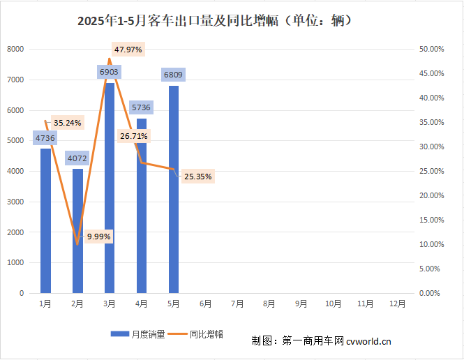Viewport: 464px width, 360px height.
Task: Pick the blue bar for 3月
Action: [x=110, y=188]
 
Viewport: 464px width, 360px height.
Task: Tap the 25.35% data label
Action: [x=198, y=177]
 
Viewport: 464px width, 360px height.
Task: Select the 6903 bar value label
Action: [x=110, y=72]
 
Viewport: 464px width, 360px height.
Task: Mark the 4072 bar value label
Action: [x=77, y=158]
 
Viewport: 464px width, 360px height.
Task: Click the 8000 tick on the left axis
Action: [x=15, y=50]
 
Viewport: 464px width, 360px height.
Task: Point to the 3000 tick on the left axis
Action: [x=15, y=202]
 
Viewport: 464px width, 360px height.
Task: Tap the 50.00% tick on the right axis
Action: [x=431, y=50]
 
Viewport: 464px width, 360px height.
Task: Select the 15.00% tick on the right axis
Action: [x=431, y=220]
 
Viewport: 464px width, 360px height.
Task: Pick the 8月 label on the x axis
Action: [x=269, y=304]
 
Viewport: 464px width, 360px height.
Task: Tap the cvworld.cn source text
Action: [x=368, y=341]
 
